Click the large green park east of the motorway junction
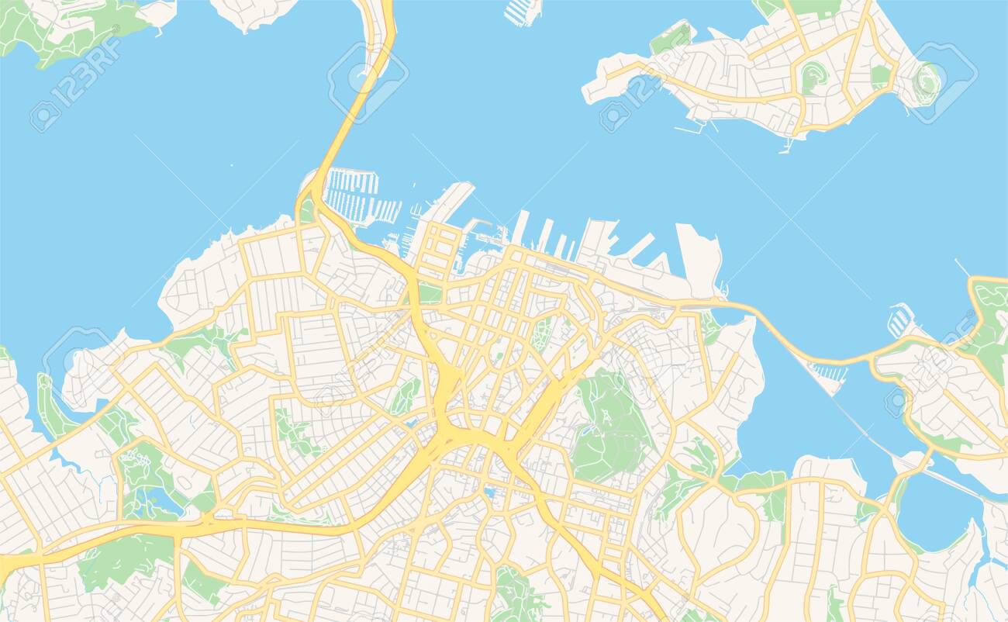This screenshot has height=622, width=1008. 609,427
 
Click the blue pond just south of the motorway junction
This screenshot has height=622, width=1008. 488,492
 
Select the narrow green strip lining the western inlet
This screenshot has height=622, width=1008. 50,407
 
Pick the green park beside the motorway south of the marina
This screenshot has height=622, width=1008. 429,294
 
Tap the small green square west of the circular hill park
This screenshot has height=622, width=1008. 879,75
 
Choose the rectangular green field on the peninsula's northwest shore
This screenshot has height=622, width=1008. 671,39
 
